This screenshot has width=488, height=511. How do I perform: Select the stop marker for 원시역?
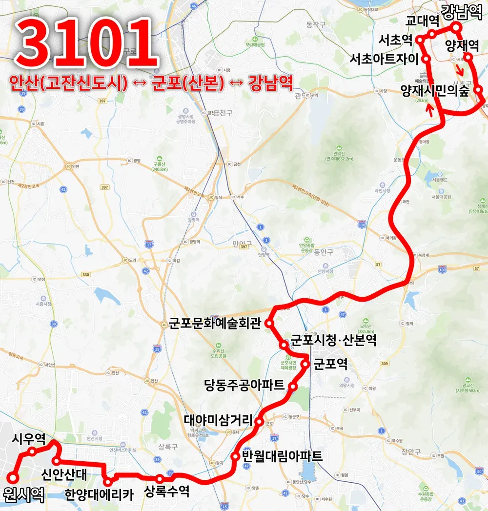13,478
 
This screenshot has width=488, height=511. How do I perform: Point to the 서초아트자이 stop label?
385,59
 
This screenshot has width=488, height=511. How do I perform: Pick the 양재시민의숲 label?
434,90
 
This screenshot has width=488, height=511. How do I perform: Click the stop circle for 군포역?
305,363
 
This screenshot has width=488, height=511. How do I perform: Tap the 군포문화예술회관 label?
215,323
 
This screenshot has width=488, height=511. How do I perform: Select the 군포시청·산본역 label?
333,340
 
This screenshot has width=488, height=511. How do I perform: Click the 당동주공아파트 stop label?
244,386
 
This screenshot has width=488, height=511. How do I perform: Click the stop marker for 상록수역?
160,479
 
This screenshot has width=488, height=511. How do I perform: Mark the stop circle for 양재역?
468,57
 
